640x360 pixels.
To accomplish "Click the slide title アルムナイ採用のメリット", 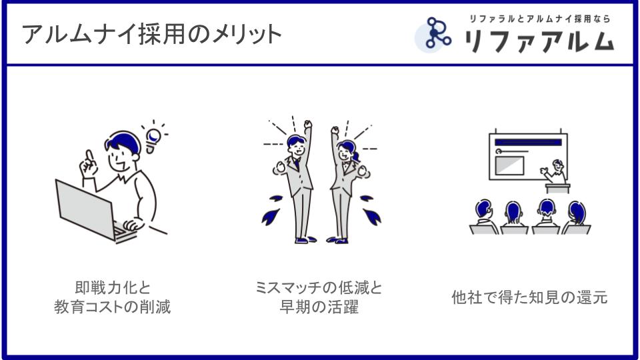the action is tap(152, 34).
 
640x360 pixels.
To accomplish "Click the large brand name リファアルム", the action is tap(539, 41).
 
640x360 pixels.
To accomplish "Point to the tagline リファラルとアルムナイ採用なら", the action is tap(539, 19).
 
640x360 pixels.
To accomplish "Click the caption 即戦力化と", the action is tap(113, 288).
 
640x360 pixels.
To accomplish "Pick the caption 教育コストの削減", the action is tap(112, 307).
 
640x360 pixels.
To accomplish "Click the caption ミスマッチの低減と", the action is tap(319, 288).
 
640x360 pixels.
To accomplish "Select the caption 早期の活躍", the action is tap(319, 307).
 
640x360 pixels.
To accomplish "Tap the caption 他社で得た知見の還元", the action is tap(529, 297).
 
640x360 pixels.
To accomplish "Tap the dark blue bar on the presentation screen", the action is tap(528, 142).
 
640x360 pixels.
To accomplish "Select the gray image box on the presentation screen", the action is tap(509, 166).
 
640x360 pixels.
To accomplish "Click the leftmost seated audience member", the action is tap(484, 217).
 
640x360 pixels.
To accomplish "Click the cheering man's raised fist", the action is tap(308, 124).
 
